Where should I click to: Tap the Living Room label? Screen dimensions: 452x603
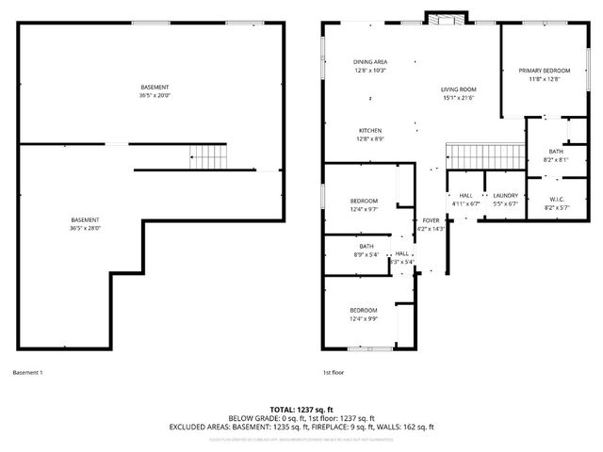tap(459, 89)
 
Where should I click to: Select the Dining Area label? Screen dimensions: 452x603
tap(370, 61)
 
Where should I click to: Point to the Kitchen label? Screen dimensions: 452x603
tap(370, 130)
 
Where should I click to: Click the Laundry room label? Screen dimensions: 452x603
tap(506, 195)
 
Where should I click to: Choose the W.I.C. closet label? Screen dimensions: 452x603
tap(556, 198)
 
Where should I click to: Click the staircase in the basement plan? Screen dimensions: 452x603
tap(209, 153)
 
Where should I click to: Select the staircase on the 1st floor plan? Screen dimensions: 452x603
tap(483, 153)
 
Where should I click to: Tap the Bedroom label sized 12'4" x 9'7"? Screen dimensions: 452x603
tap(364, 201)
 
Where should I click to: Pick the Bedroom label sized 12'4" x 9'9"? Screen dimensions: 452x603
tap(364, 311)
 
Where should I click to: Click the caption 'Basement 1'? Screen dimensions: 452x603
tap(28, 373)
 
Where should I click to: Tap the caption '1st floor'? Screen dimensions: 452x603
tap(334, 373)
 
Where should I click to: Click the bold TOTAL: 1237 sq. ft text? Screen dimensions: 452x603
tap(301, 409)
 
